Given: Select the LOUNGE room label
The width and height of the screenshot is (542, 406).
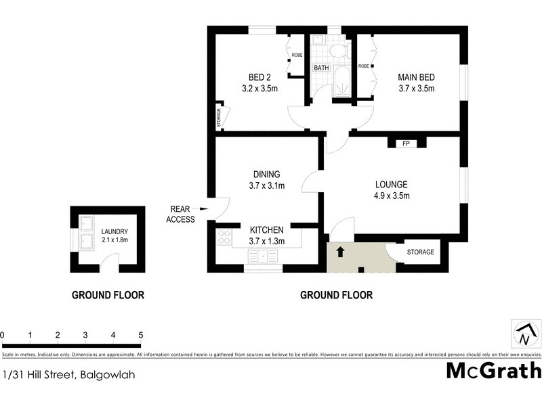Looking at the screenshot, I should pos(392,190).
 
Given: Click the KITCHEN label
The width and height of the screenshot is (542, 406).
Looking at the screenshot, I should pos(267,235).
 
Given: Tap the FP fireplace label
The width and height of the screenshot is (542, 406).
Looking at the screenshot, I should pos(406,144).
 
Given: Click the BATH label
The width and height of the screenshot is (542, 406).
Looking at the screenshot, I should pos(320,68).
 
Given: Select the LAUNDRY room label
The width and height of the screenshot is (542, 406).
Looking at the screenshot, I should pos(114,235).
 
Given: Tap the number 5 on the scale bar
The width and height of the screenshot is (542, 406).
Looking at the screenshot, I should pos(140,335).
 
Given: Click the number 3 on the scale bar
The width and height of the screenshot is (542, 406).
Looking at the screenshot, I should pos(85,335).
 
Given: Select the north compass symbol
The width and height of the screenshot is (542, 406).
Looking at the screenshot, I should pos(526,334).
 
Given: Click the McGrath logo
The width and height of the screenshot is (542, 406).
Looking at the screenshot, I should pos(494,371).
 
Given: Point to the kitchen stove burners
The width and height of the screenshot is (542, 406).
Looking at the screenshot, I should pos(224,236).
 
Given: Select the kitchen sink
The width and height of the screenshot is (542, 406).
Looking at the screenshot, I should pos(261,256).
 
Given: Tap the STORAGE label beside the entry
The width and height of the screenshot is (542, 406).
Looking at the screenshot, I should pos(420,252).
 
